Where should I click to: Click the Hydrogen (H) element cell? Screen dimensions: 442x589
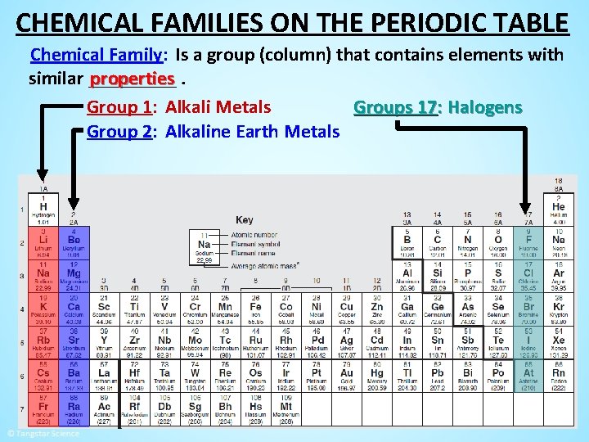(x=43, y=211)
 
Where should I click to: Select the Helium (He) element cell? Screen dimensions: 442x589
(x=558, y=211)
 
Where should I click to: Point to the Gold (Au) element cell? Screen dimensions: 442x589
(x=346, y=376)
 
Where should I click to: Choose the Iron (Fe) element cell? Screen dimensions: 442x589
(x=255, y=310)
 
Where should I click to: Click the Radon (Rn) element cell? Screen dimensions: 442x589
(x=558, y=376)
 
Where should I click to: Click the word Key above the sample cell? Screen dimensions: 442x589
(x=244, y=219)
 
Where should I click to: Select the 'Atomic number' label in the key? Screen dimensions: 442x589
(x=254, y=236)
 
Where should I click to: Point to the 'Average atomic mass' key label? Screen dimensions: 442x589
(x=264, y=265)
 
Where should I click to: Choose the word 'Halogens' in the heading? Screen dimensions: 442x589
(x=485, y=107)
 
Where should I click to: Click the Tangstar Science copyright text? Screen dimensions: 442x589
(x=43, y=433)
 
